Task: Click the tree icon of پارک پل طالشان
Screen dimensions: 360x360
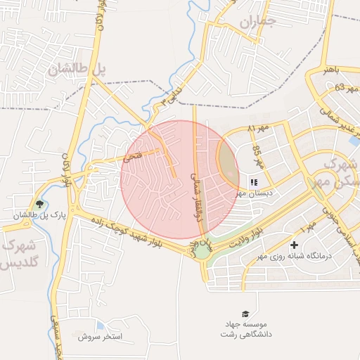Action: pos(39,205)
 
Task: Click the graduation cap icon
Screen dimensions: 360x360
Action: pos(245,314)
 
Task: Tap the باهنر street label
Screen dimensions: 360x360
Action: pos(331,71)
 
